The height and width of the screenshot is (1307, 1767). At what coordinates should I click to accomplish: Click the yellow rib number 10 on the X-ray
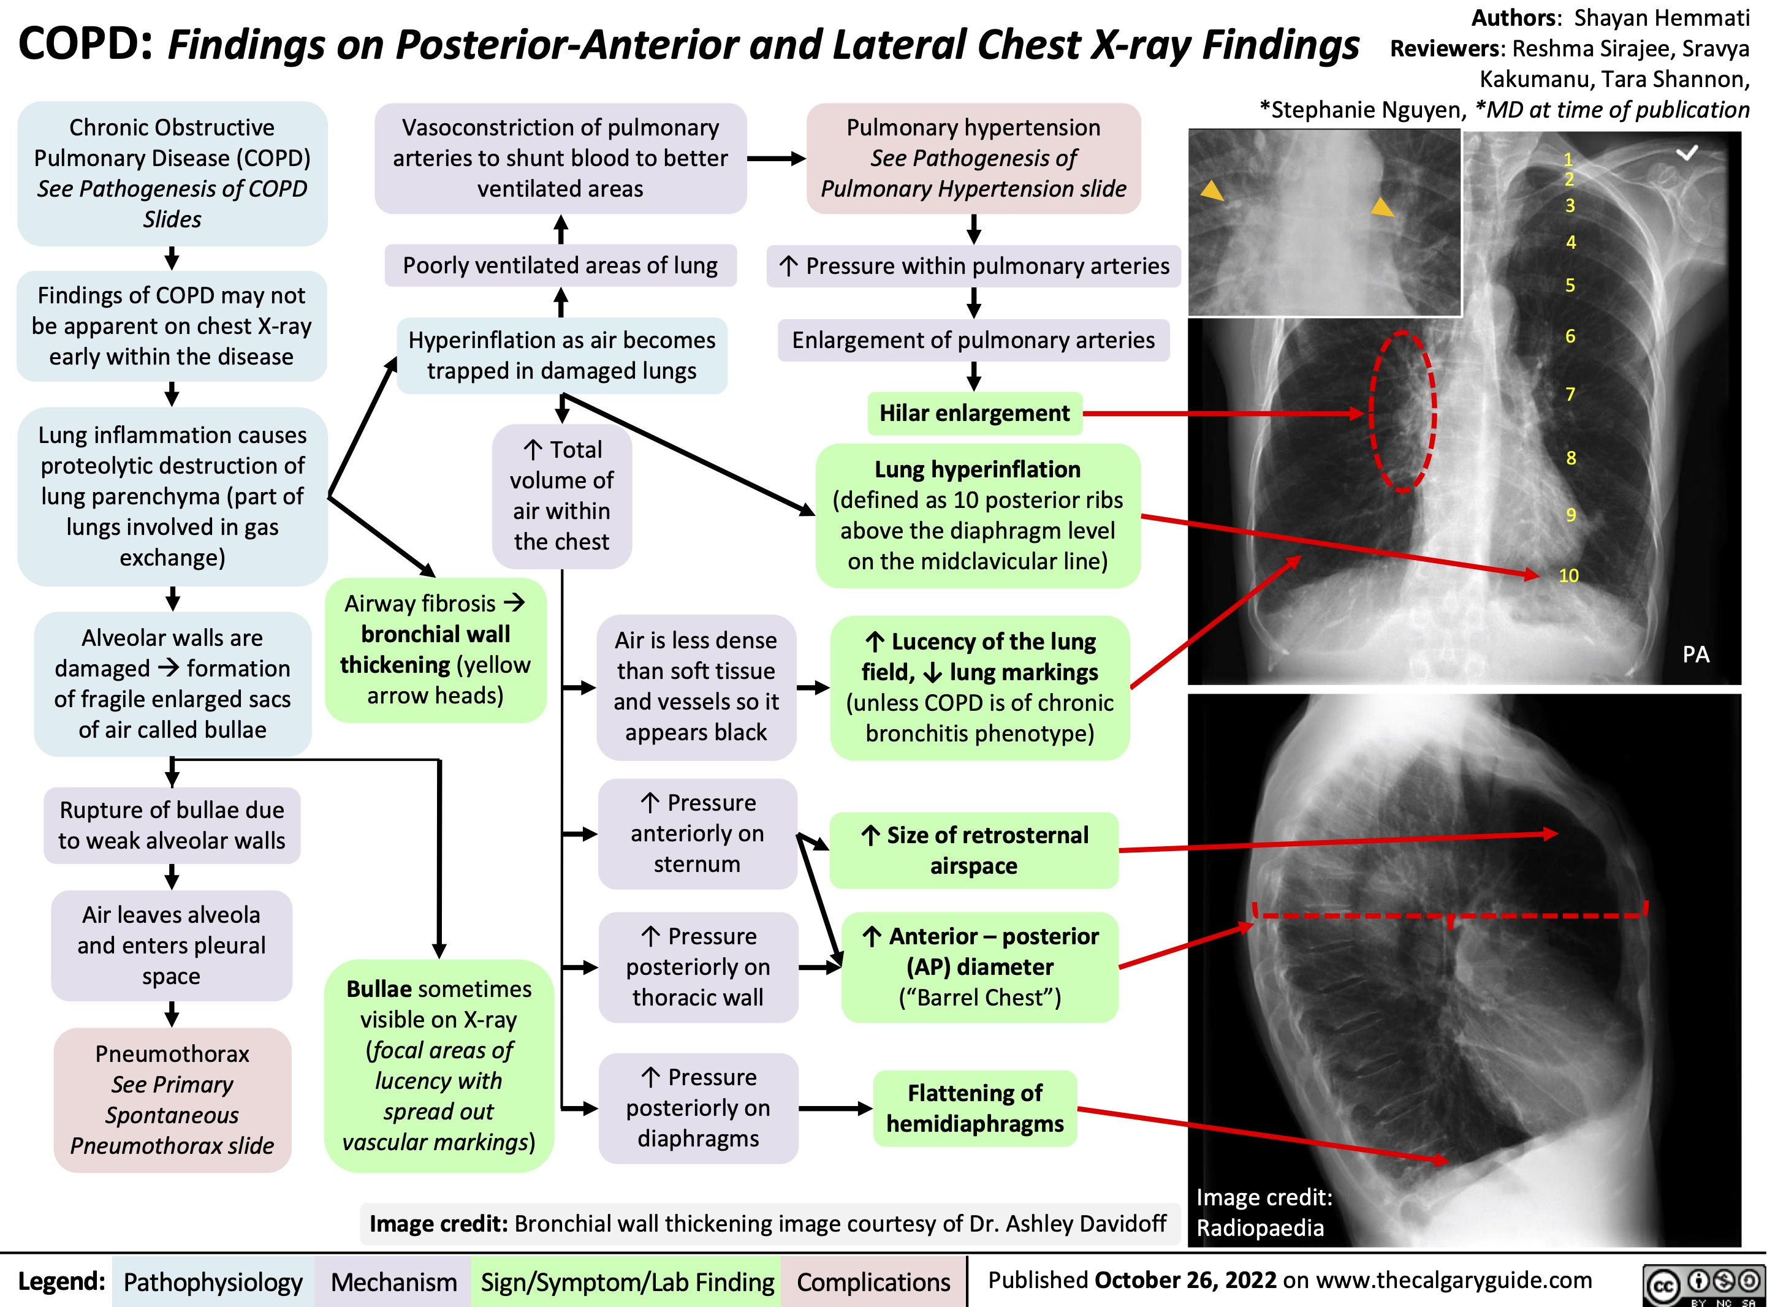coord(1568,575)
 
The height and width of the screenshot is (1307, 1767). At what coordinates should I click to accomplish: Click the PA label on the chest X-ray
coord(1695,654)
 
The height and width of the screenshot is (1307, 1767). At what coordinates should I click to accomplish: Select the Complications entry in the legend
coord(873,1282)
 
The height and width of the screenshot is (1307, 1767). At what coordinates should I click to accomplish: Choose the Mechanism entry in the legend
coord(393,1282)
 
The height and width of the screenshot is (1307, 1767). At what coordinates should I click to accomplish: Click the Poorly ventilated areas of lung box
coord(560,266)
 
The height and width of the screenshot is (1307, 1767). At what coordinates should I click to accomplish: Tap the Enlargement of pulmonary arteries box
coord(973,340)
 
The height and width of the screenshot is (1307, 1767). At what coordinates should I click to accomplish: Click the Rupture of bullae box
coord(172,825)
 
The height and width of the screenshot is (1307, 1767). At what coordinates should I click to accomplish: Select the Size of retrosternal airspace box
coord(974,850)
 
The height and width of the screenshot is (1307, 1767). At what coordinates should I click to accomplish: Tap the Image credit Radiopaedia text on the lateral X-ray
coord(1263,1212)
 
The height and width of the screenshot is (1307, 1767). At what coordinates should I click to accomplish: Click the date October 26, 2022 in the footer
coord(1185,1280)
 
